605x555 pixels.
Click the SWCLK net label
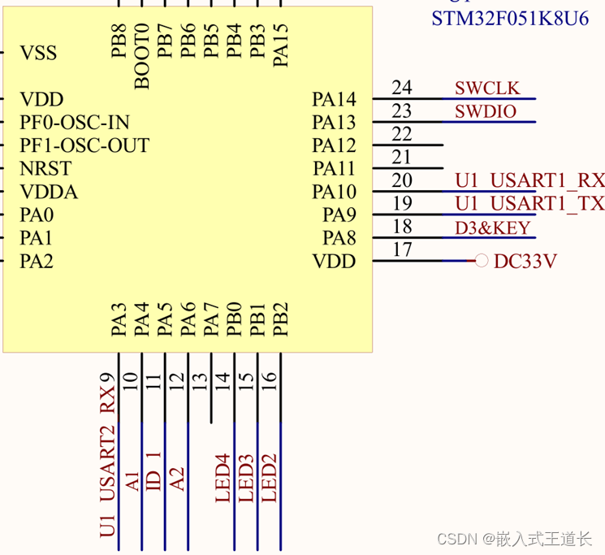click(x=487, y=89)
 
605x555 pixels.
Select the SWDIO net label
click(x=486, y=112)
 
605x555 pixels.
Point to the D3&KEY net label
click(x=492, y=228)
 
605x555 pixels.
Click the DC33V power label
click(x=525, y=262)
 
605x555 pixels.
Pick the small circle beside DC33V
click(x=481, y=261)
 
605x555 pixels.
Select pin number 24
click(x=401, y=88)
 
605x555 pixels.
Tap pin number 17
click(x=401, y=249)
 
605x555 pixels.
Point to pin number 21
click(x=401, y=157)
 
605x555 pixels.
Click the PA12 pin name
click(x=334, y=146)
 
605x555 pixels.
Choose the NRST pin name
click(x=45, y=169)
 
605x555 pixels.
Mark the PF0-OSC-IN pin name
click(x=75, y=123)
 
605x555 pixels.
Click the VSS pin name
click(x=38, y=54)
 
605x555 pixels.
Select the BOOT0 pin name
click(x=142, y=55)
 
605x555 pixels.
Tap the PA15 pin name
click(x=281, y=45)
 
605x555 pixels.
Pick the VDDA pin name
click(x=49, y=193)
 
